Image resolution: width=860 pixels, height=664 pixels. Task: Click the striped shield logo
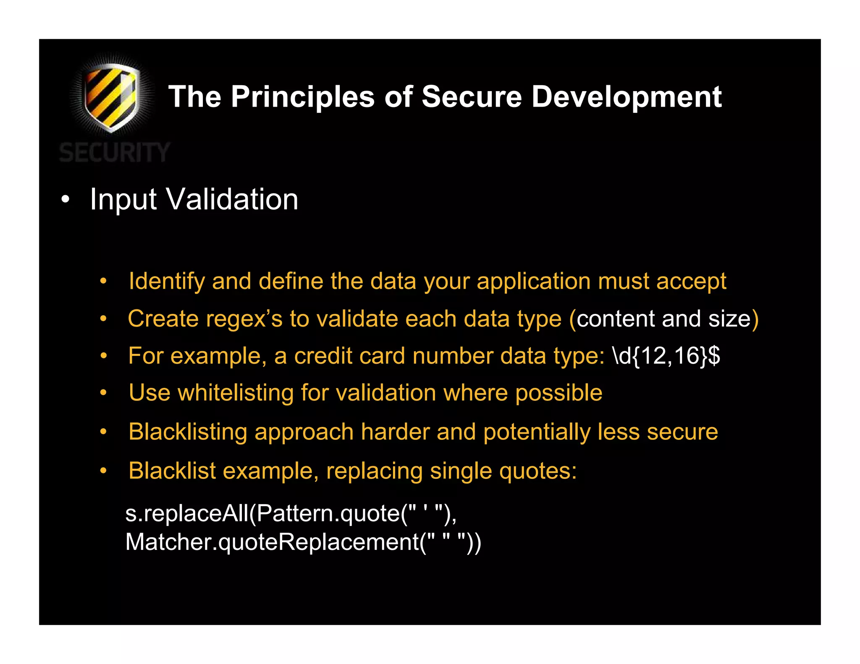(x=111, y=97)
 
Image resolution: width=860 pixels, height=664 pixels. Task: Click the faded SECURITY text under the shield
(x=114, y=152)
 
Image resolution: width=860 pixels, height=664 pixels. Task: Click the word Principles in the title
(x=302, y=97)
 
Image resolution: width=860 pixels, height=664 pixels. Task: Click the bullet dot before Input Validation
(x=65, y=200)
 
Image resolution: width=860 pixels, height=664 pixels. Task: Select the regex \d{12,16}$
(x=666, y=356)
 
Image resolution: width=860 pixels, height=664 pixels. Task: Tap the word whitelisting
(x=235, y=393)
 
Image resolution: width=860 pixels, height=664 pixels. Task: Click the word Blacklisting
(x=188, y=432)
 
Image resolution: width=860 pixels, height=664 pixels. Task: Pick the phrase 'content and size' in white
(x=663, y=319)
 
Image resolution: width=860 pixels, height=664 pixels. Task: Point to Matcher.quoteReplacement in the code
(x=272, y=542)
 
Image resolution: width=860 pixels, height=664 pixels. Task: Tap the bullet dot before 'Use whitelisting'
(x=103, y=393)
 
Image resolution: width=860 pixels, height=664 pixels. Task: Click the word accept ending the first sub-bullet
(x=691, y=281)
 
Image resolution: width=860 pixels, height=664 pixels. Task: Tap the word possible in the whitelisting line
(x=558, y=393)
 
